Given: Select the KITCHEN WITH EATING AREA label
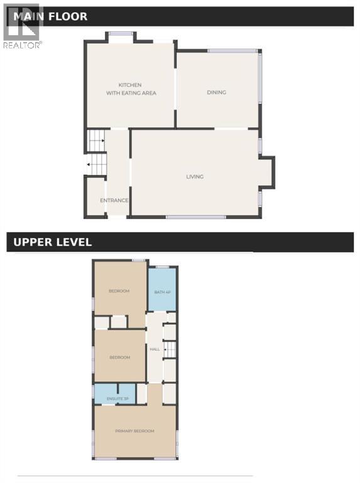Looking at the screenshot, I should click(x=131, y=89).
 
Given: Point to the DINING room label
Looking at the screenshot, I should click(x=216, y=92).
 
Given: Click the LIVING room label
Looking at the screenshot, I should click(x=195, y=177).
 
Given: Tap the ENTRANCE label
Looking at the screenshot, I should click(x=114, y=201).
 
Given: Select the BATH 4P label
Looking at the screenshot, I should click(x=161, y=292).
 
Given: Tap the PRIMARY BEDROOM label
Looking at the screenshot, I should click(x=134, y=431).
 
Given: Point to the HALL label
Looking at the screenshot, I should click(x=154, y=348).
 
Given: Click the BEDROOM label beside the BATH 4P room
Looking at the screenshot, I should click(x=119, y=291).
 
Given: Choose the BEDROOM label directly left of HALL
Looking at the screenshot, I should click(x=119, y=357).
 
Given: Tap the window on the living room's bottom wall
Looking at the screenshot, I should click(x=195, y=217).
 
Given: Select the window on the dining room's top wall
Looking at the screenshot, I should click(x=232, y=51).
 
